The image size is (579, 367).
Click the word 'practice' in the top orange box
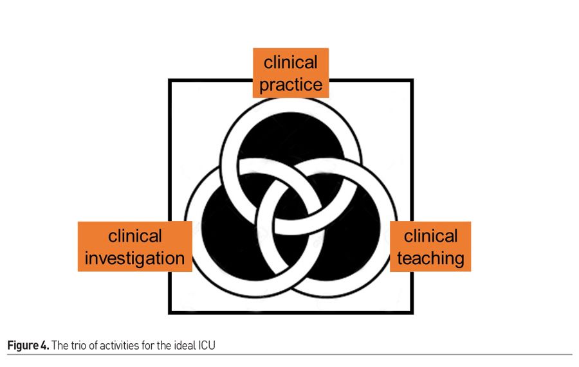pyautogui.click(x=291, y=84)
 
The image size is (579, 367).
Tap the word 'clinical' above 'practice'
pyautogui.click(x=291, y=62)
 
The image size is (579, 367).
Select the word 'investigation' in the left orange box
pyautogui.click(x=134, y=258)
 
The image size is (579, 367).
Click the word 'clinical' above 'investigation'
pyautogui.click(x=134, y=236)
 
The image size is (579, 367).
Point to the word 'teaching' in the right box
pyautogui.click(x=430, y=258)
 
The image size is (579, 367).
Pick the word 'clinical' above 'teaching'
pyautogui.click(x=430, y=236)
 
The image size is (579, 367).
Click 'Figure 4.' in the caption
pyautogui.click(x=26, y=346)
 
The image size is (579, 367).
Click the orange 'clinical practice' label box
pyautogui.click(x=291, y=73)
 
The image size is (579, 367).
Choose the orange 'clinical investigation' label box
pyautogui.click(x=134, y=247)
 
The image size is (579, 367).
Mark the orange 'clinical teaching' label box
pyautogui.click(x=430, y=247)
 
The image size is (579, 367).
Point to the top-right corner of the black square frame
pyautogui.click(x=412, y=80)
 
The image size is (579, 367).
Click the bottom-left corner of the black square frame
pyautogui.click(x=170, y=312)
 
